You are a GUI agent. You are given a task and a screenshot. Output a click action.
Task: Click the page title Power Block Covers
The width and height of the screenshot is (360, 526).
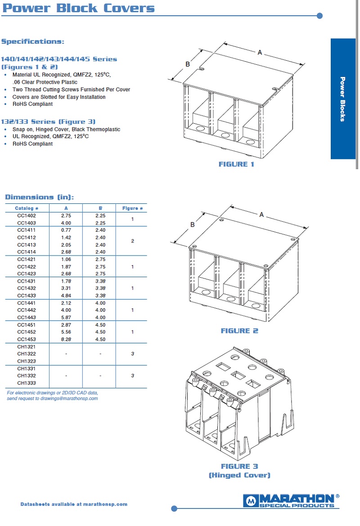tap(78, 8)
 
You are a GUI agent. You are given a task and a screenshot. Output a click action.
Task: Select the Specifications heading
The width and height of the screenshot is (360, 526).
tap(33, 41)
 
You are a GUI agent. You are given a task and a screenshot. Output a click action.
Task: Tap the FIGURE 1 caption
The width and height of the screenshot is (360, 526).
tap(236, 164)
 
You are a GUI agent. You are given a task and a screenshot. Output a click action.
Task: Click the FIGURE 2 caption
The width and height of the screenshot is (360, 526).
tap(239, 331)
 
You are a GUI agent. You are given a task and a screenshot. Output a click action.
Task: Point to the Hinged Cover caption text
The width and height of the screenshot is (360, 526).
tap(239, 475)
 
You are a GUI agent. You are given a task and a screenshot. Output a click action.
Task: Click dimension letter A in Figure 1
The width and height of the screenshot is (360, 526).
tap(260, 53)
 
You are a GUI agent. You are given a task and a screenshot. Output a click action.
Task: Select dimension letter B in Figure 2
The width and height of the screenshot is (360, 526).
tap(192, 225)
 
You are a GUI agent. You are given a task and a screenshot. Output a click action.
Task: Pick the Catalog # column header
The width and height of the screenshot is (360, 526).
tap(27, 208)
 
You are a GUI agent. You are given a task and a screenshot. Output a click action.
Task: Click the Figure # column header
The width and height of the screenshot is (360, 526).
tap(132, 208)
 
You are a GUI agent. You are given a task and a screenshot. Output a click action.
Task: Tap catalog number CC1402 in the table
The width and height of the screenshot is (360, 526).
tap(27, 216)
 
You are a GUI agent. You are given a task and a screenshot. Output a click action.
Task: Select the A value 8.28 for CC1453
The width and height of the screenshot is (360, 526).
tap(66, 339)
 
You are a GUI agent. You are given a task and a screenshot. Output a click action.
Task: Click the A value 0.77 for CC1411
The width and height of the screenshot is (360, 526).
tap(66, 230)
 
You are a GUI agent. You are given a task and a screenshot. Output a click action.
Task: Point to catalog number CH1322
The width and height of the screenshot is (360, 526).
tap(27, 354)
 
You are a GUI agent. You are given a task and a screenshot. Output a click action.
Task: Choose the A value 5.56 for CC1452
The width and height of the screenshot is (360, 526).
tap(66, 332)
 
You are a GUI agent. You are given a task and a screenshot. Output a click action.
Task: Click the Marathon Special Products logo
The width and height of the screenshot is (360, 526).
tap(291, 500)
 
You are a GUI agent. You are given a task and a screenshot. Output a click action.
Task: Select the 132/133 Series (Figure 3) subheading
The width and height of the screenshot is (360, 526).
tap(48, 121)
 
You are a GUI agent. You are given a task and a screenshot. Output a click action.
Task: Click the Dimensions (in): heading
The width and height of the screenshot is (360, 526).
tap(39, 197)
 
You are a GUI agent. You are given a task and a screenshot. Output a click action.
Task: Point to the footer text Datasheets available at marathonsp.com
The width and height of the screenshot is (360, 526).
tap(74, 504)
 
